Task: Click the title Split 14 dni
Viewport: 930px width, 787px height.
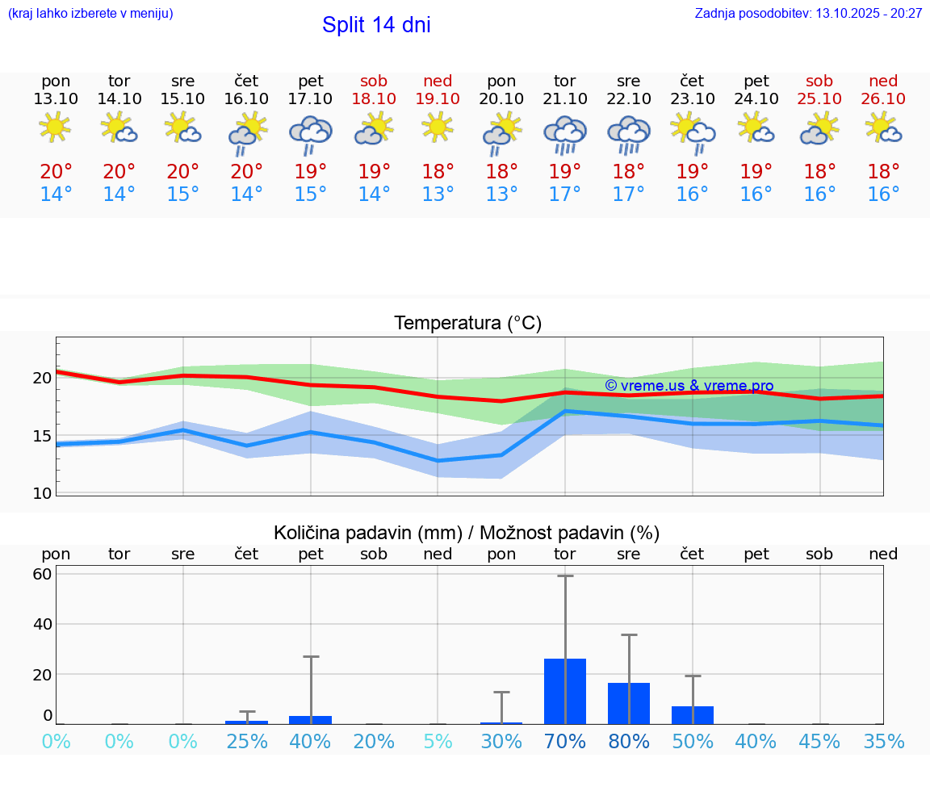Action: [x=376, y=25]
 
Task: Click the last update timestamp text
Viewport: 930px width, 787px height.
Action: [x=808, y=13]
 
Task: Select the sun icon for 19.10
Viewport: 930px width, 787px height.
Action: [x=438, y=128]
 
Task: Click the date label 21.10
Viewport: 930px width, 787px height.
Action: [x=565, y=98]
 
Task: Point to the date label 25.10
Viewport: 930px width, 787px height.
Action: [x=819, y=98]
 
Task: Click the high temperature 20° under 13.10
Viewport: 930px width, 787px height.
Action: [x=56, y=172]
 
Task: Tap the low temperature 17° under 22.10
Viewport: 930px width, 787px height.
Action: [x=628, y=195]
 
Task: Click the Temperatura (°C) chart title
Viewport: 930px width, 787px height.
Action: [x=467, y=324]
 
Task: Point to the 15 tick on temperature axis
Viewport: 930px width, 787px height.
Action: [x=42, y=436]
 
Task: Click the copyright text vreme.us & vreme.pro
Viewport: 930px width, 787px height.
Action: [x=689, y=386]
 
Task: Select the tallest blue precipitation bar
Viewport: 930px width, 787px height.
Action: [x=565, y=691]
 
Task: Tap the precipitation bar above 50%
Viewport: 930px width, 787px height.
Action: [x=692, y=714]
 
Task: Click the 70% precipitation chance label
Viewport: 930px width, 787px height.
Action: [x=565, y=741]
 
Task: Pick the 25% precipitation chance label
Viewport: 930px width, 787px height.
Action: [x=247, y=741]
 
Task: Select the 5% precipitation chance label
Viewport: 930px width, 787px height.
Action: [x=438, y=741]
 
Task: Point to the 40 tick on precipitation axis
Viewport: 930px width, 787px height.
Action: [x=42, y=624]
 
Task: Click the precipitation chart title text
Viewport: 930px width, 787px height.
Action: [x=467, y=533]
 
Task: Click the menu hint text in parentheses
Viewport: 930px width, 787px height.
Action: [x=90, y=13]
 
